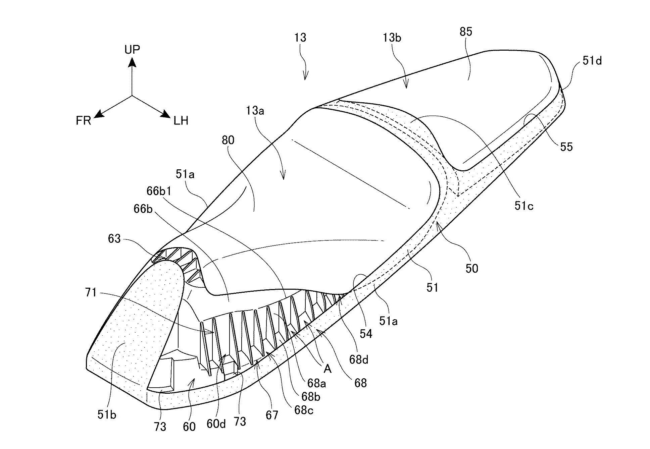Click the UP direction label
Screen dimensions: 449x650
132,50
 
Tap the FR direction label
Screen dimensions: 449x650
83,121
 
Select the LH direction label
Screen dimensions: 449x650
181,121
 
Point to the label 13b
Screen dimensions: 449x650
392,38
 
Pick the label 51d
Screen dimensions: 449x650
592,61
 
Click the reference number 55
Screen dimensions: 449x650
566,147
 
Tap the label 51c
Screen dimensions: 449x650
524,206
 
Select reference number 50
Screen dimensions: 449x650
471,268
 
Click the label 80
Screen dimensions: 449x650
228,140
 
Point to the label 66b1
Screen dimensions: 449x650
159,191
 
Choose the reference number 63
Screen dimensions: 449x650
114,239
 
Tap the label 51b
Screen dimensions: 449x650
107,415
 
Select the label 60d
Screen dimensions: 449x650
216,424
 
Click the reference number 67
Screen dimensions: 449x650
272,415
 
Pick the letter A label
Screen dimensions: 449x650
328,369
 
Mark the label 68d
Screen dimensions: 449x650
358,359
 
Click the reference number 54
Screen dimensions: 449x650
366,333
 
